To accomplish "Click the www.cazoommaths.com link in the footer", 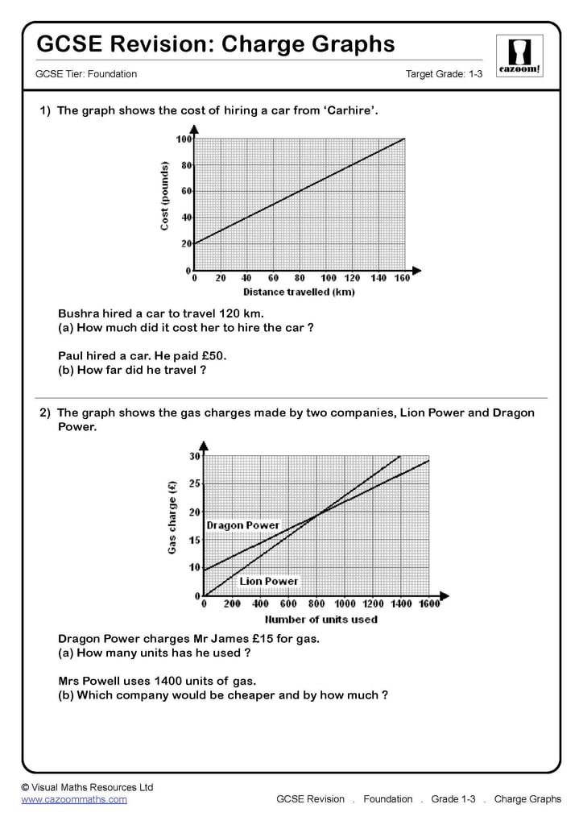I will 74,799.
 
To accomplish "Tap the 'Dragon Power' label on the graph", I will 242,525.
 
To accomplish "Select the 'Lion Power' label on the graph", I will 268,581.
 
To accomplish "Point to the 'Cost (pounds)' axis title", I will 165,196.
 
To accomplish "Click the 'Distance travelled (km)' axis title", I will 299,291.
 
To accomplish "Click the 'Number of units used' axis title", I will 321,619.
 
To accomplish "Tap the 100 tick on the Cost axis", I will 184,139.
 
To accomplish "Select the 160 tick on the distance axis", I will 401,278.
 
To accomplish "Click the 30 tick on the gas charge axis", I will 194,456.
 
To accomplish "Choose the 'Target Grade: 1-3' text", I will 444,74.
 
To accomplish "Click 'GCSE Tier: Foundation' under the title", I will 86,74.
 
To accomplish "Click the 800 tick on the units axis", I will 316,603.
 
